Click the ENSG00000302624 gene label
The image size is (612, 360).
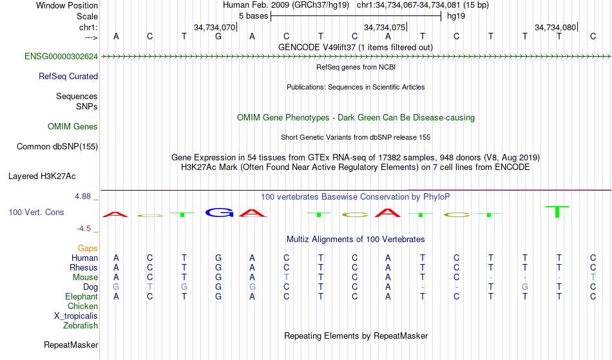tap(61, 57)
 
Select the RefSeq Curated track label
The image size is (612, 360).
tap(68, 77)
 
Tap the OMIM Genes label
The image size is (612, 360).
tap(73, 127)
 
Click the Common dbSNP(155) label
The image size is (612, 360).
tap(57, 147)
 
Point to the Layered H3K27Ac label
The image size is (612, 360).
tap(42, 176)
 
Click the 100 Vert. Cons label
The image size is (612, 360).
tap(36, 212)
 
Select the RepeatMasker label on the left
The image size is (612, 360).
tap(71, 345)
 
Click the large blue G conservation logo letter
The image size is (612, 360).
tap(219, 213)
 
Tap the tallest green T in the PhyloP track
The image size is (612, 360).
tap(557, 212)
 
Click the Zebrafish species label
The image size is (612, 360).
tap(81, 325)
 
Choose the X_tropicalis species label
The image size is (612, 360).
tap(76, 316)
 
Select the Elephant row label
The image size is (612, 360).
tap(82, 296)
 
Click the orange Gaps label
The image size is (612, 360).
tap(88, 249)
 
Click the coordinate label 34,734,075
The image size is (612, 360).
tap(385, 27)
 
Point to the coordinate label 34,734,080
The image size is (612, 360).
tap(555, 27)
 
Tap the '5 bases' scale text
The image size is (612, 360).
tap(254, 16)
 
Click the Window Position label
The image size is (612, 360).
tap(67, 5)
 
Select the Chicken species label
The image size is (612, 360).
tap(82, 306)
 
